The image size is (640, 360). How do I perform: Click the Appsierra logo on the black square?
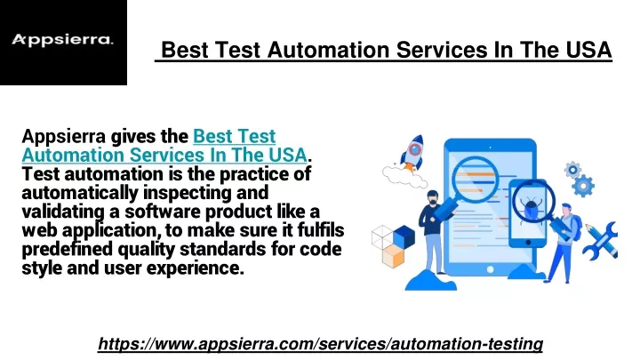62,40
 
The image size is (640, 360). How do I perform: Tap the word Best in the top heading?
185,50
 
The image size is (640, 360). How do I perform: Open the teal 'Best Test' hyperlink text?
235,136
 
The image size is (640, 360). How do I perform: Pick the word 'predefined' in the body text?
67,250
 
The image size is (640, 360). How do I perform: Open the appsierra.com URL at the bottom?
320,344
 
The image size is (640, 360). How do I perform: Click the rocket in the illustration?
412,153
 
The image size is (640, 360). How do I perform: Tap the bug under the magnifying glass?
531,206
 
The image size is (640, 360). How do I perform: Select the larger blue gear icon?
583,186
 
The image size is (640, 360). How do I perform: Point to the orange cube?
394,256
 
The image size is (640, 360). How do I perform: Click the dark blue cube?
404,236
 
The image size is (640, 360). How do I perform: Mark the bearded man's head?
432,198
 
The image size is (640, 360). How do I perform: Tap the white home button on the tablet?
490,270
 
